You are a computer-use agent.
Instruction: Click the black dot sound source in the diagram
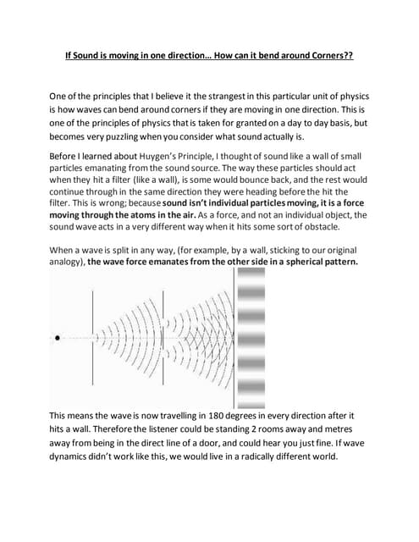click(x=57, y=337)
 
